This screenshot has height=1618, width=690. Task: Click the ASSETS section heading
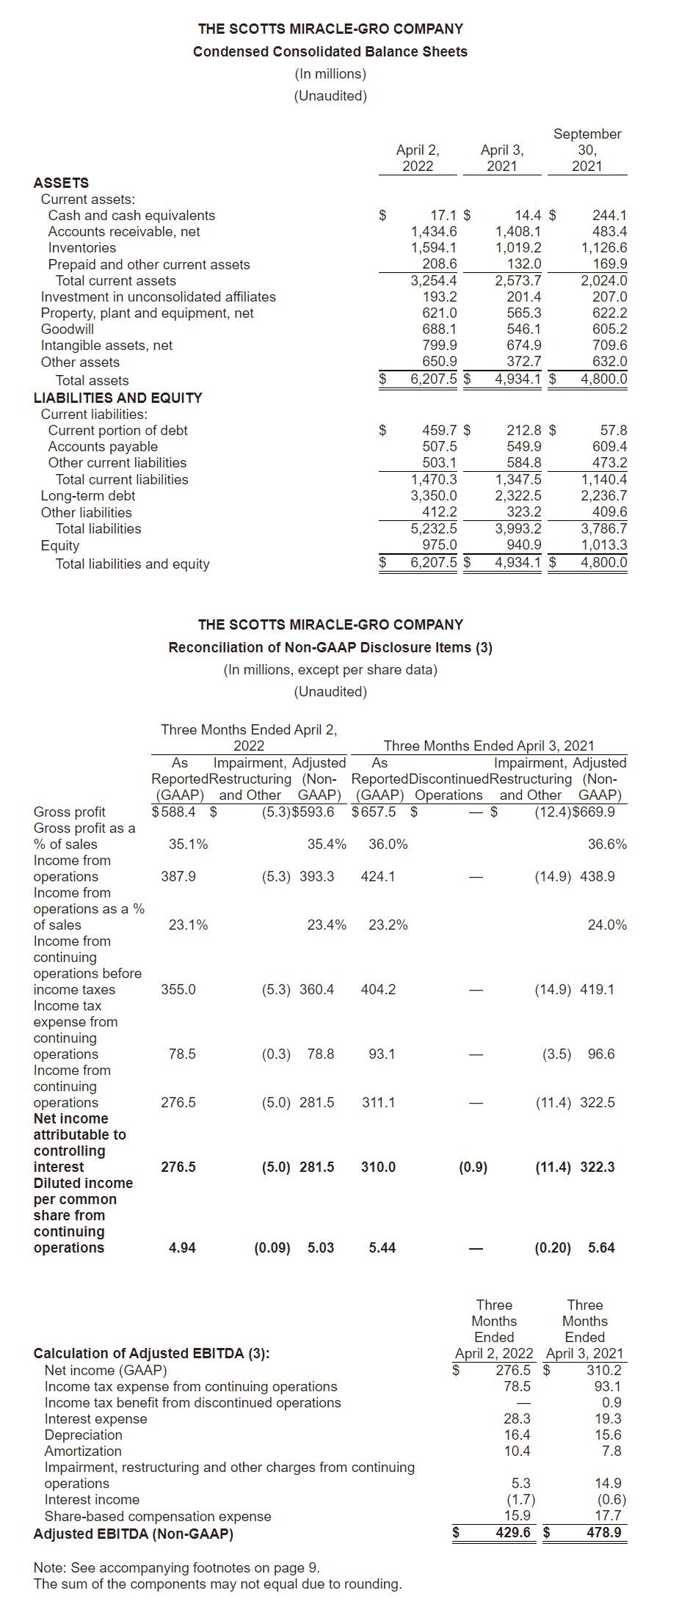61,183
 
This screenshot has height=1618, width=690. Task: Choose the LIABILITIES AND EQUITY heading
117,398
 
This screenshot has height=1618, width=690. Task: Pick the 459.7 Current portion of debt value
439,431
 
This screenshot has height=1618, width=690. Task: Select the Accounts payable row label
103,447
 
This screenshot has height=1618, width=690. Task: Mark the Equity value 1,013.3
603,545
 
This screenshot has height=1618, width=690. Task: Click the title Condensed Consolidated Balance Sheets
330,52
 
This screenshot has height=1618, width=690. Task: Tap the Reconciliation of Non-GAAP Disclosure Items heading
330,648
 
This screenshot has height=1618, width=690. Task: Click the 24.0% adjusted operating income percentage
607,925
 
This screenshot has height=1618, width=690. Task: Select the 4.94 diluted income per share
182,1248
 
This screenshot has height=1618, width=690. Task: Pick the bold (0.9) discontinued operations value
473,1167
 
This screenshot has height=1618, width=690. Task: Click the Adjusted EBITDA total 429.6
513,1534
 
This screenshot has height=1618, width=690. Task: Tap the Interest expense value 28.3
517,1419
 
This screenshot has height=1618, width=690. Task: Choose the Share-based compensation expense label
158,1517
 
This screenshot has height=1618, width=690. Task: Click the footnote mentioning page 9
176,1568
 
